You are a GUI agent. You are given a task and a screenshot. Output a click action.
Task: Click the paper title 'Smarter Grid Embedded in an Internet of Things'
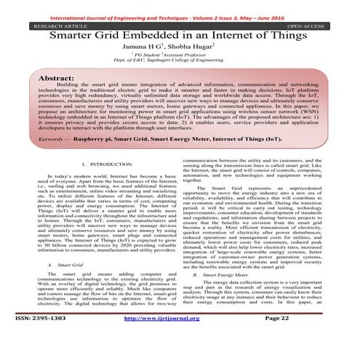coord(180,37)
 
